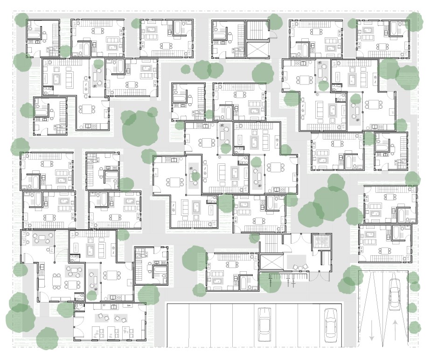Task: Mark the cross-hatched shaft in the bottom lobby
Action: point(321,241)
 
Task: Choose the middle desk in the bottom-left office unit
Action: point(111,332)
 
